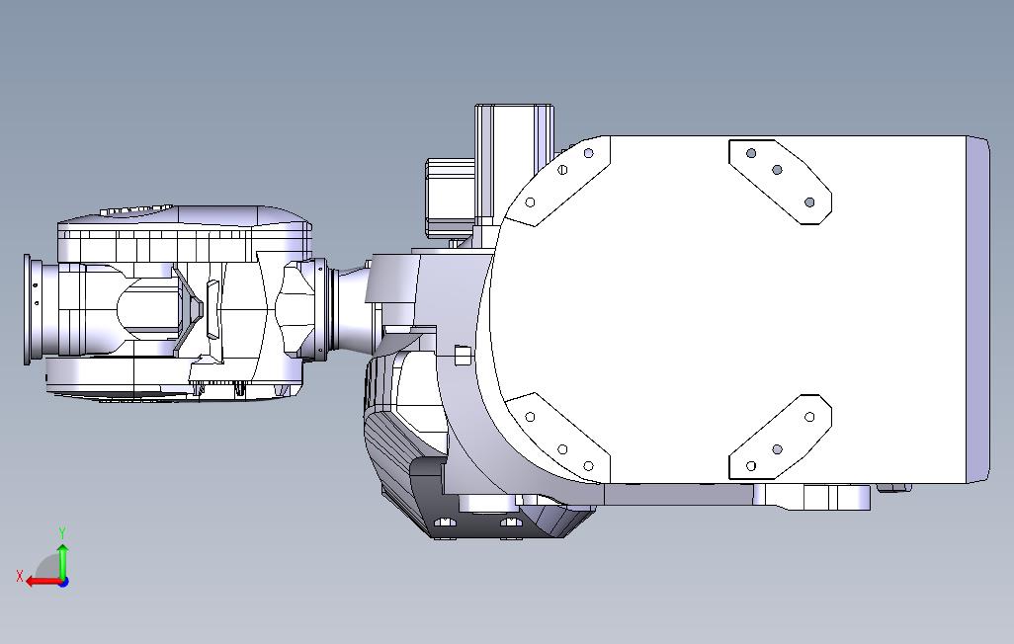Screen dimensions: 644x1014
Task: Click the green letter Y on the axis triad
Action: [x=62, y=532]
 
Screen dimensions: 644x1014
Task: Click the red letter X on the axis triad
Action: [x=20, y=576]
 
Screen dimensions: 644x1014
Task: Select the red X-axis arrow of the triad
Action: [x=40, y=582]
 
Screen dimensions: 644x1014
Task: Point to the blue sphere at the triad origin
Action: [x=63, y=582]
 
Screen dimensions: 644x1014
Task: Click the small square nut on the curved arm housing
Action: [x=461, y=354]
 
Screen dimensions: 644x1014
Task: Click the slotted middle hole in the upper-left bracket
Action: [x=562, y=168]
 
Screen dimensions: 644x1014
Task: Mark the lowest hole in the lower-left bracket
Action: [x=589, y=465]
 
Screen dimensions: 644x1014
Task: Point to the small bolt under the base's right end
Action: [x=893, y=487]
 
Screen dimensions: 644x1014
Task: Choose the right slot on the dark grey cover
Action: [x=510, y=521]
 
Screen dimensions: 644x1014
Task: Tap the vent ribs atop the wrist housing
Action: [x=132, y=210]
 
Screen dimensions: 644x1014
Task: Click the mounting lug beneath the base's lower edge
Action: [x=810, y=496]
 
